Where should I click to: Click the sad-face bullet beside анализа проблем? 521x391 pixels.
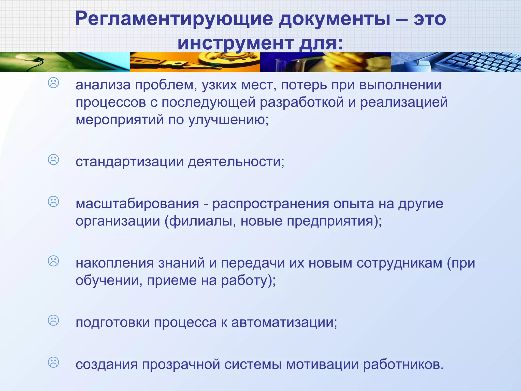[x=53, y=83]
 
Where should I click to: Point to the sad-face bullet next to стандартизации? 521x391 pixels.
[x=53, y=160]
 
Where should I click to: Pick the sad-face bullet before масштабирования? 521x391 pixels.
[x=53, y=202]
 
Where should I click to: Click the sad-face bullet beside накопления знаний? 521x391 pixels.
[x=53, y=261]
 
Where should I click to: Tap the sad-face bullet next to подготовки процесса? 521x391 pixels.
[x=53, y=320]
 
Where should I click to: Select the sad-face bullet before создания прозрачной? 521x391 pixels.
[x=53, y=362]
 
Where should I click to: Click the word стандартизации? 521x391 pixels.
[x=129, y=162]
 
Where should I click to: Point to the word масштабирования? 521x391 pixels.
[x=137, y=204]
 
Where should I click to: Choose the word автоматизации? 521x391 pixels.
[x=284, y=322]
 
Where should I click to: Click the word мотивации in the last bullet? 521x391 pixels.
[x=322, y=364]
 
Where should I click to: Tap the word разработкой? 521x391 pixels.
[x=302, y=102]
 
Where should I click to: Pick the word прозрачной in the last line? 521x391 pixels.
[x=181, y=364]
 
